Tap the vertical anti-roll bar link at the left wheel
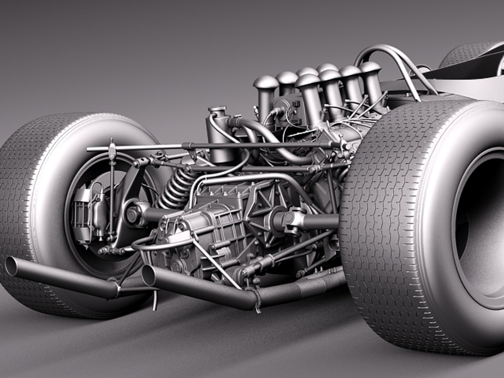(112, 196)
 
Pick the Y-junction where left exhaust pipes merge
(115, 287)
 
